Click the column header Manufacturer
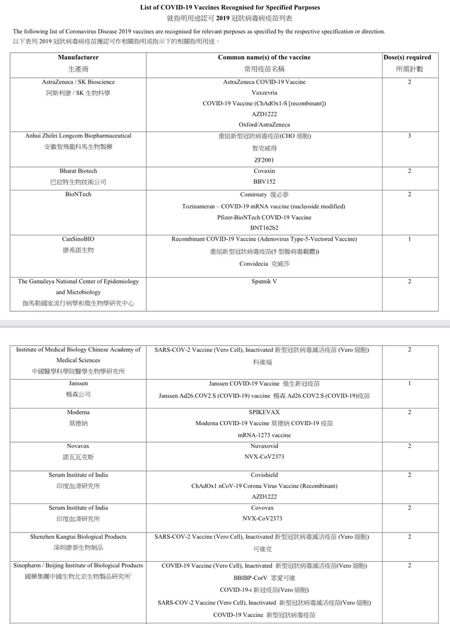(78, 57)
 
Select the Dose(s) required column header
(409, 57)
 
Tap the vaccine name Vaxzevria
(264, 93)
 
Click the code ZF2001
(264, 159)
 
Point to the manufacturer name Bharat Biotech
(78, 171)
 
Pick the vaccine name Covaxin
(264, 171)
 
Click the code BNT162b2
(264, 228)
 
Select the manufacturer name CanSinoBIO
(78, 239)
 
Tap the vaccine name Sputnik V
(264, 281)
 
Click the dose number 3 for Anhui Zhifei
(409, 136)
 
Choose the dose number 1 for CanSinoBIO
(409, 239)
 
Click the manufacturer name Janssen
(78, 383)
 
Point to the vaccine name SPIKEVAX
(264, 412)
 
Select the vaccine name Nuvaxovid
(264, 446)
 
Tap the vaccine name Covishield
(264, 475)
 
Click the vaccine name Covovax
(264, 508)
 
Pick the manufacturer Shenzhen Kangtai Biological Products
(78, 537)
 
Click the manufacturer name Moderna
(78, 412)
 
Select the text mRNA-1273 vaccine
(264, 435)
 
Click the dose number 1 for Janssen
(409, 383)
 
